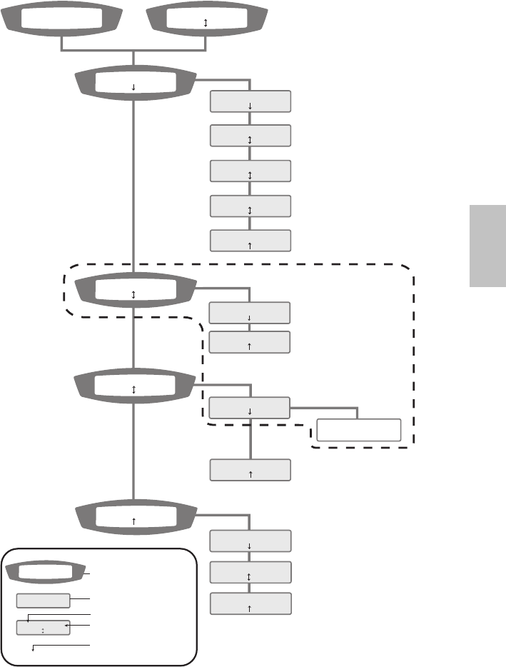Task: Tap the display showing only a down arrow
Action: pyautogui.click(x=134, y=85)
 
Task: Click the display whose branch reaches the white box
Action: pyautogui.click(x=134, y=386)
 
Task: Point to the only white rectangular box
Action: pyautogui.click(x=358, y=430)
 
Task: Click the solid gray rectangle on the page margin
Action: pyautogui.click(x=487, y=246)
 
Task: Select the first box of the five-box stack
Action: pyautogui.click(x=251, y=101)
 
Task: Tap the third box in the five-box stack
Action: pyautogui.click(x=251, y=171)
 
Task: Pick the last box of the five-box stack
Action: pyautogui.click(x=251, y=241)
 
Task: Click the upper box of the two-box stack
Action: pyautogui.click(x=249, y=313)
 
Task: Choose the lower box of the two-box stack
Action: pyautogui.click(x=249, y=342)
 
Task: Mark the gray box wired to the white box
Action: pyautogui.click(x=249, y=408)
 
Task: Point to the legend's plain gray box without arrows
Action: pyautogui.click(x=43, y=600)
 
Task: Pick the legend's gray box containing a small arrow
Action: pyautogui.click(x=43, y=628)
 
